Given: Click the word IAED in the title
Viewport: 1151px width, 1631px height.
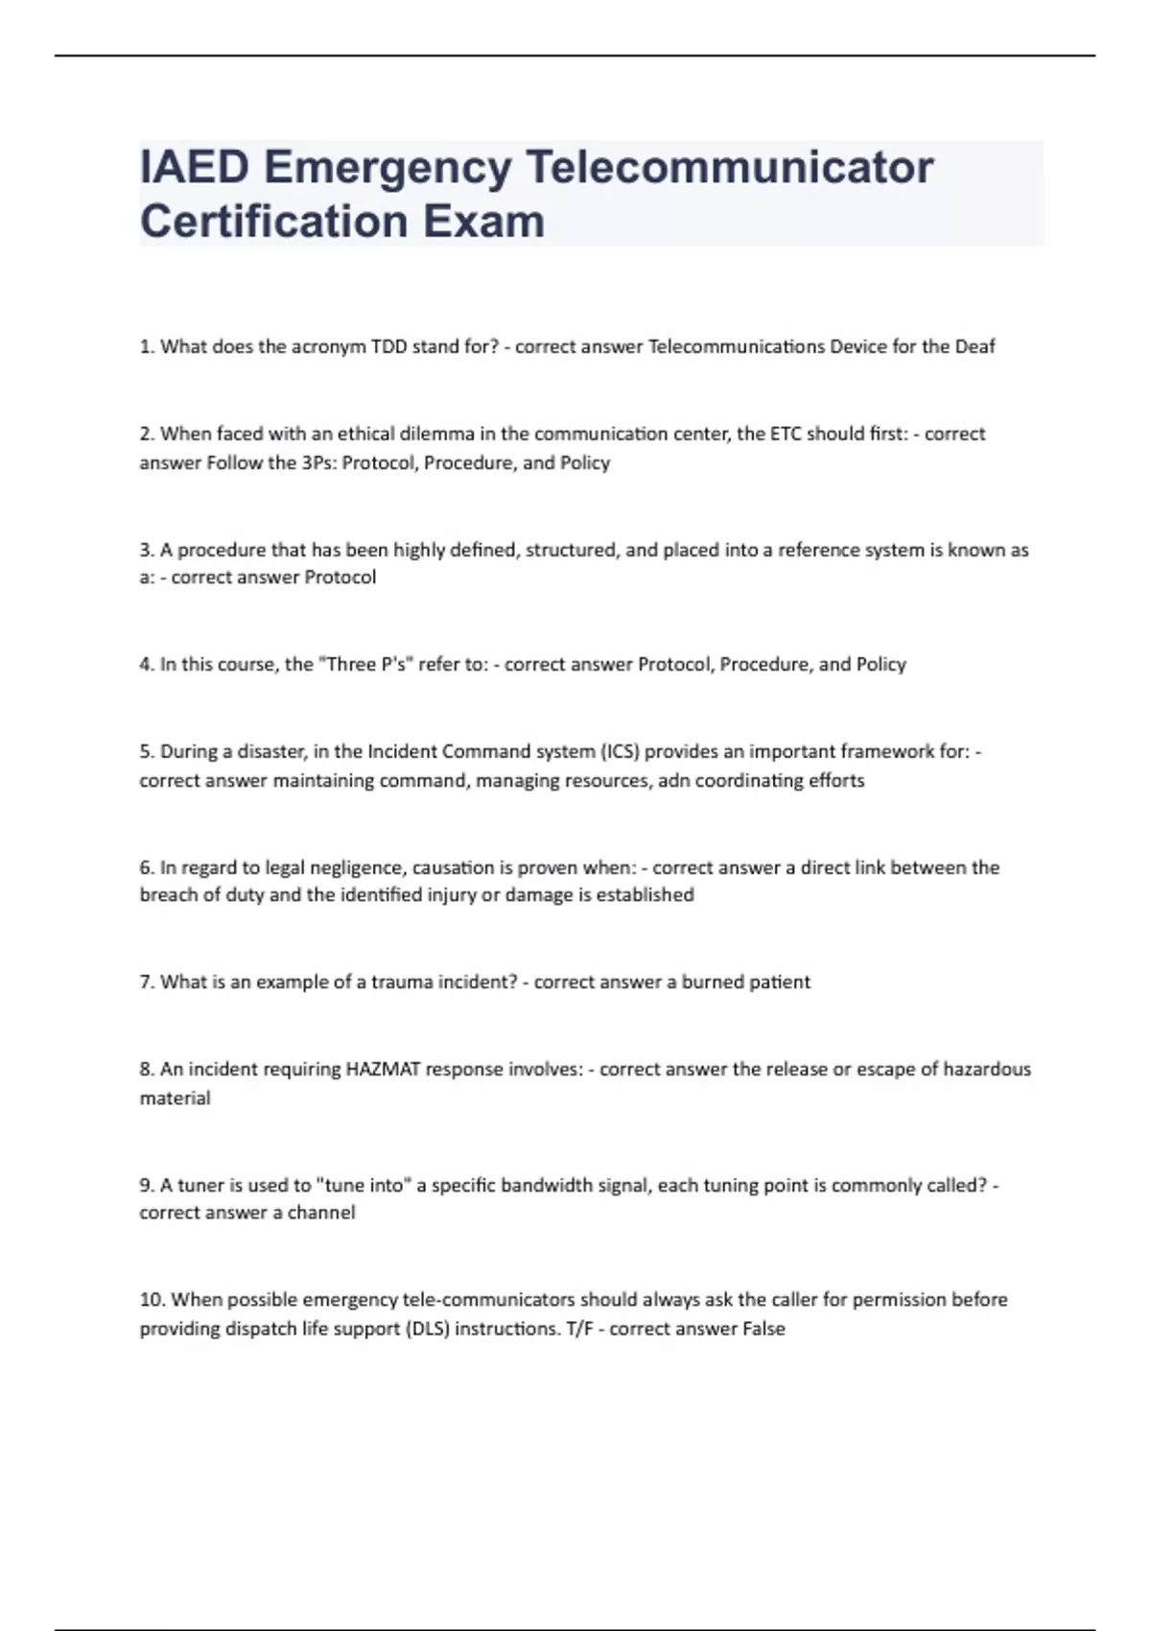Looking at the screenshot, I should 195,167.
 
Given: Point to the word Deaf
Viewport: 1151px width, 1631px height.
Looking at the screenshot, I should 975,346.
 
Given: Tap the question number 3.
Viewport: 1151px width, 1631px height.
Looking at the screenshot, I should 147,550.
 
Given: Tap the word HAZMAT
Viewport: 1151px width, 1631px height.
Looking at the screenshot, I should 383,1069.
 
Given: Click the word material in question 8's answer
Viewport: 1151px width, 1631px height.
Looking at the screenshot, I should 175,1098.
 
